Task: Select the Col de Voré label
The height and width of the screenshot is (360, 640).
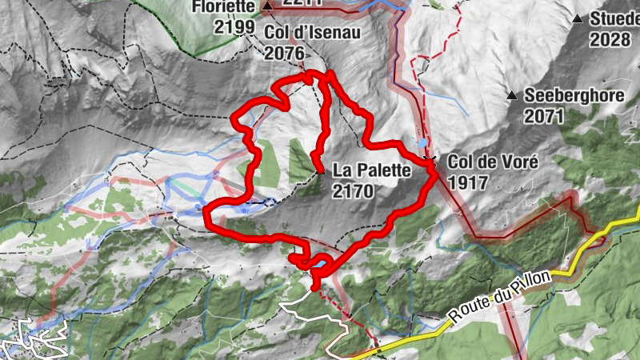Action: point(493,161)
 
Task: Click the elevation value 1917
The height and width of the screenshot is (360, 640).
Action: point(468,182)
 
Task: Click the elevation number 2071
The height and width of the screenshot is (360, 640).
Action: point(545,116)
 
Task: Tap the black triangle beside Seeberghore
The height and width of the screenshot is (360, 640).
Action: point(511,96)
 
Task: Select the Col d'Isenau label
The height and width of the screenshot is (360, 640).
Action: point(313,33)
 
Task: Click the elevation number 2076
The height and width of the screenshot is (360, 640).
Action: point(284,53)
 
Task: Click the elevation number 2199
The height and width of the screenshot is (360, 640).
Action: point(234,27)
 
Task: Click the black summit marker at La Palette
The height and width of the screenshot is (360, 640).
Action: point(320,171)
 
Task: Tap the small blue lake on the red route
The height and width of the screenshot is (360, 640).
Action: point(320,262)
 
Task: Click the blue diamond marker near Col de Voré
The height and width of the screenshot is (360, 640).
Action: point(422,142)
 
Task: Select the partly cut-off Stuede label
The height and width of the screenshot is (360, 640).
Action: point(614,19)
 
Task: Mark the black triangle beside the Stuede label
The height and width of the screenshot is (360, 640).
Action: point(578,18)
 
